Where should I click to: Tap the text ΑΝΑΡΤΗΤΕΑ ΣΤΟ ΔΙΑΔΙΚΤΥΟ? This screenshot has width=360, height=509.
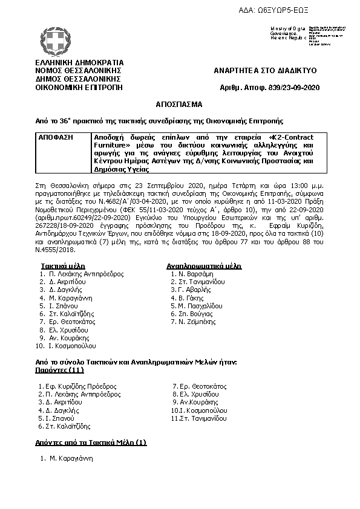coord(265,71)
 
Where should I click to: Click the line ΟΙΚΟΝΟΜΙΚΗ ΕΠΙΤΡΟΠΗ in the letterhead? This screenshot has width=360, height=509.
coord(79,86)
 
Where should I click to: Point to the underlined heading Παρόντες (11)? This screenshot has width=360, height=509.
coord(58,369)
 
